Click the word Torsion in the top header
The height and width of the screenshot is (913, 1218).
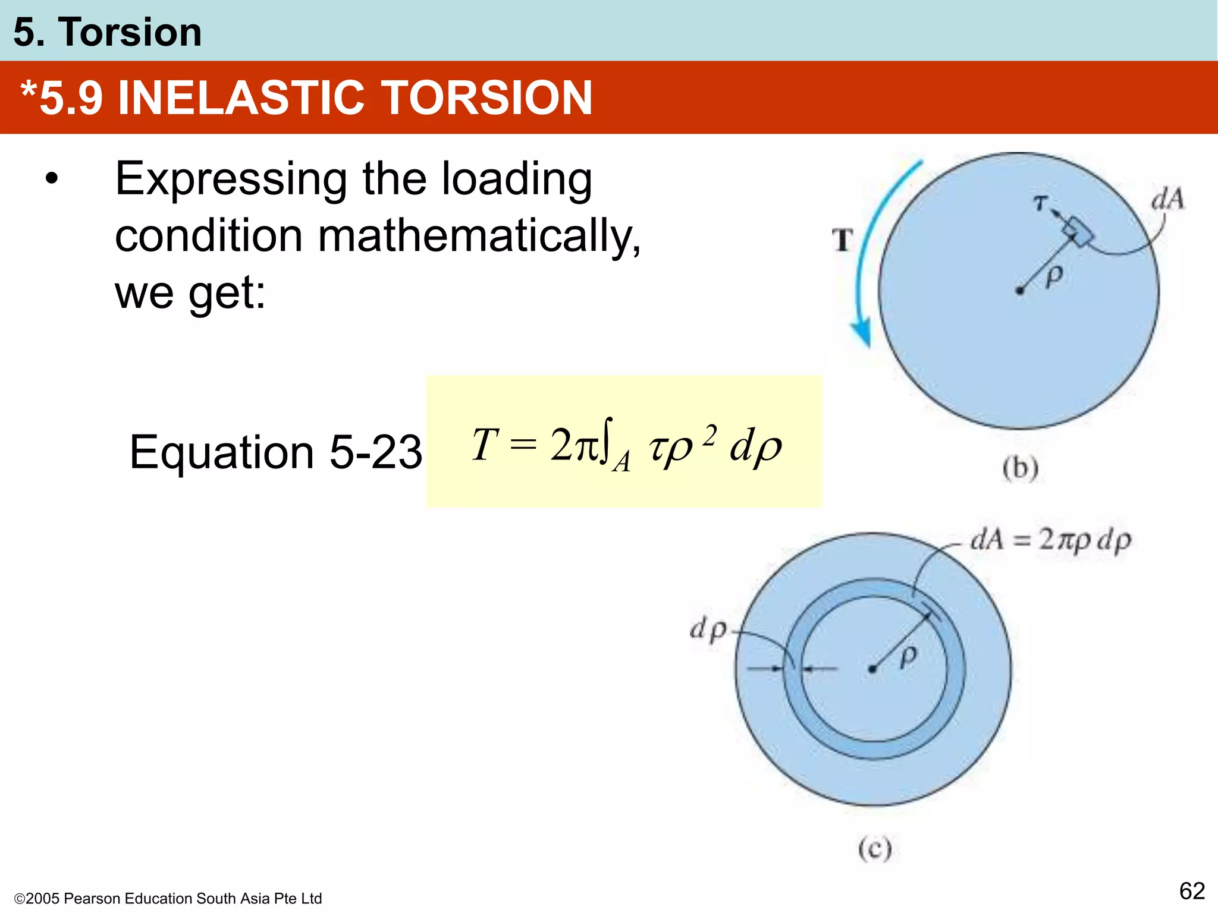pos(130,32)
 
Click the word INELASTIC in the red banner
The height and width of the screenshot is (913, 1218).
pos(241,98)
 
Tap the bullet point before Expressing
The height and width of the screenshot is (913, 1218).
pos(52,178)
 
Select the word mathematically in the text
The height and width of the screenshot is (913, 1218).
pos(479,235)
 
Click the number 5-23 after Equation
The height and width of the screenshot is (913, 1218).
pos(375,452)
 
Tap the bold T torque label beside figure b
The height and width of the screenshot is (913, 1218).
pos(842,241)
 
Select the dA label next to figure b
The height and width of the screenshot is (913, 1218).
pos(1167,199)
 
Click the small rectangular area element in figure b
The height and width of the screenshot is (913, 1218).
pos(1078,231)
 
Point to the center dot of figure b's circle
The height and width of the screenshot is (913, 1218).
pos(1020,291)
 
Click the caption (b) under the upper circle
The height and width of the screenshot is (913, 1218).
pos(1021,468)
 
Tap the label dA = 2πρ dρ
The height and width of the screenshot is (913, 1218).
pos(1050,540)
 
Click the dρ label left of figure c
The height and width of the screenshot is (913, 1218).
pos(708,629)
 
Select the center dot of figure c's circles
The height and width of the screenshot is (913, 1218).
pos(872,669)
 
